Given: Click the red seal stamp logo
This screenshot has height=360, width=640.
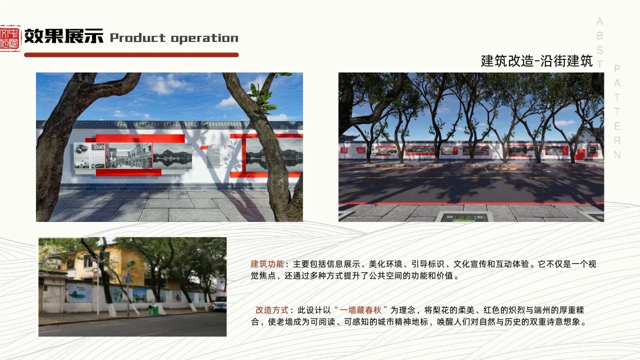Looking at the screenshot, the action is click(x=10, y=38).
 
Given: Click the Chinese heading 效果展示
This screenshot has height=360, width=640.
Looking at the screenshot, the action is click(x=63, y=36).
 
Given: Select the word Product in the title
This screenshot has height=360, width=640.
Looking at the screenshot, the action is click(x=137, y=38).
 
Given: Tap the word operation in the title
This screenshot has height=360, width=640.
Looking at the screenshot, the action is click(x=204, y=38).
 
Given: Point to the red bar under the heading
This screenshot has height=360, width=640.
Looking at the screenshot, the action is click(x=131, y=55).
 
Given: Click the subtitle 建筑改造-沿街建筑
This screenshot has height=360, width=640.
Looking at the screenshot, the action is click(x=537, y=61).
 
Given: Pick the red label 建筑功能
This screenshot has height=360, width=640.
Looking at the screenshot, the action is click(x=267, y=264).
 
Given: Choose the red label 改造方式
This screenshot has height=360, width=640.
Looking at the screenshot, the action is click(x=271, y=310).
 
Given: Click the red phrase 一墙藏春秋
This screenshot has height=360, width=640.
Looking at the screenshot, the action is click(x=360, y=310).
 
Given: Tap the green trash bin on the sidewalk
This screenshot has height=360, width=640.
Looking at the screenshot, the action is click(x=153, y=310).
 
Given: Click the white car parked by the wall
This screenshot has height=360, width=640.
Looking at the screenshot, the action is click(x=219, y=303).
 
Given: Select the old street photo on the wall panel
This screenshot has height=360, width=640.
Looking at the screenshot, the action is click(x=129, y=156).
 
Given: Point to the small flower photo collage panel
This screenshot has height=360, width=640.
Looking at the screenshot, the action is click(x=89, y=155).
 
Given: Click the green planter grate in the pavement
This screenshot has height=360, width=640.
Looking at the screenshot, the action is click(x=464, y=217).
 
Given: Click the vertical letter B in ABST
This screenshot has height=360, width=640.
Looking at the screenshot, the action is click(x=600, y=35).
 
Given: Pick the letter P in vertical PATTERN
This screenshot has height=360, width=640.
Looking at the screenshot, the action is click(x=617, y=68).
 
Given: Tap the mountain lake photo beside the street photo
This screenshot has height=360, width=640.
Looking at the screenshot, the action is click(x=172, y=156).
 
